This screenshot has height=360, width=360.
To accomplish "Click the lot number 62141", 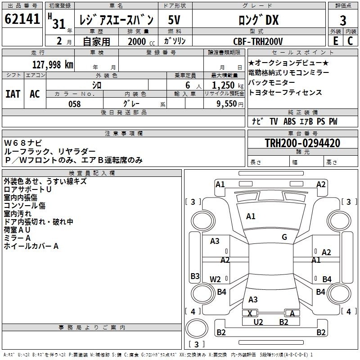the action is click(22, 19).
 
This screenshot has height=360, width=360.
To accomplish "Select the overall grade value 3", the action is click(343, 21).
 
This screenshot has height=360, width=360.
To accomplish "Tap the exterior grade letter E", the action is click(335, 41).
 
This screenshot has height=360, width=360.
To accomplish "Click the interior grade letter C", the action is click(350, 41).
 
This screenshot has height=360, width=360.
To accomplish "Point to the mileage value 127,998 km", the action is click(53, 65).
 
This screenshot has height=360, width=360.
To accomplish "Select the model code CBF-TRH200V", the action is click(258, 41).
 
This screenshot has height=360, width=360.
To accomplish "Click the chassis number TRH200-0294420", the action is click(302, 143).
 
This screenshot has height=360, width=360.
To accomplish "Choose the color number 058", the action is click(75, 104).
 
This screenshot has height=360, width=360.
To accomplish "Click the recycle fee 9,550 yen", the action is click(230, 104).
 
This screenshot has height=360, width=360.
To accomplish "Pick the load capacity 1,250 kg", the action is click(228, 85).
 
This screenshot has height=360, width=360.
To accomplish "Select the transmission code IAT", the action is click(13, 94).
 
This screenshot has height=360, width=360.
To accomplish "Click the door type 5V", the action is click(174, 20).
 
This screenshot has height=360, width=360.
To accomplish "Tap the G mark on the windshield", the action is click(284, 237).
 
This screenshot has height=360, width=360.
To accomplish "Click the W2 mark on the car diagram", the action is click(215, 279).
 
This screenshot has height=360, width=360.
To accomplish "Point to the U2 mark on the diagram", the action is click(258, 322).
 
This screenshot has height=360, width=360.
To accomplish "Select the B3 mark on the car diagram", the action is click(195, 276).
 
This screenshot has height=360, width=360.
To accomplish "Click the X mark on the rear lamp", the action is click(250, 313).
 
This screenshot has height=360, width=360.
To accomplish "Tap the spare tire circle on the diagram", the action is click(197, 328).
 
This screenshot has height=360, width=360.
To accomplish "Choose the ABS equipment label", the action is click(289, 121).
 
